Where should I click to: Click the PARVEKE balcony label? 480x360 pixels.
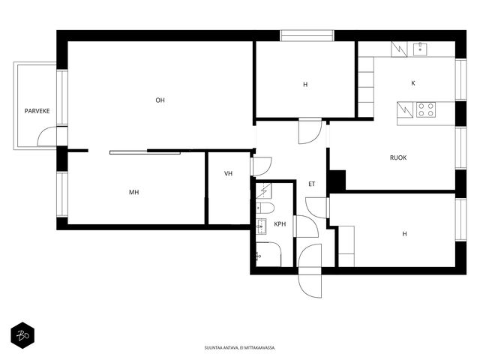(37, 111)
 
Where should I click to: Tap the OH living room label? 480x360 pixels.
(160, 100)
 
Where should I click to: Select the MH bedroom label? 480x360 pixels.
(133, 192)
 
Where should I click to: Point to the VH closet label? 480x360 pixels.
(228, 173)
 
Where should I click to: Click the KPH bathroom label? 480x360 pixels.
(280, 224)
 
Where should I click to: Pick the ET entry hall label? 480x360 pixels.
(312, 184)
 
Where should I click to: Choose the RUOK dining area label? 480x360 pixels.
(398, 157)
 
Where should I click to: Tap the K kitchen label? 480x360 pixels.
(413, 83)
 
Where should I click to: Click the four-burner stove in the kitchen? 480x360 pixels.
(426, 109)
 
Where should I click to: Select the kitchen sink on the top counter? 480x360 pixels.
(420, 49)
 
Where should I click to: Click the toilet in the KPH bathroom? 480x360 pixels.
(265, 208)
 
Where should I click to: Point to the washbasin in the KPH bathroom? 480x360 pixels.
(261, 226)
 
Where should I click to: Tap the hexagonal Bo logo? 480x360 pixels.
(22, 335)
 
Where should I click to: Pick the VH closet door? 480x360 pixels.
(261, 166)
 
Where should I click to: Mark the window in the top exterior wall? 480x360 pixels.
(307, 35)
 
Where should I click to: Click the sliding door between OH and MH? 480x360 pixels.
(145, 152)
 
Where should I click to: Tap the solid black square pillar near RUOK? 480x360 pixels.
(337, 180)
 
